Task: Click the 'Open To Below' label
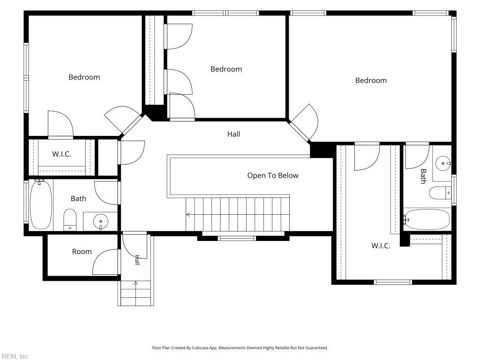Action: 273,175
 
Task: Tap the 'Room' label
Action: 82,252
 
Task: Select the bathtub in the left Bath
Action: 41,205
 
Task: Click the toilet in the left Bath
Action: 70,219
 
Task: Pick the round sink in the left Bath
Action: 101,221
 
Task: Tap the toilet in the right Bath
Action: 440,193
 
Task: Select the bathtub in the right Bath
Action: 427,219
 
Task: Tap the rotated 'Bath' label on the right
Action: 423,176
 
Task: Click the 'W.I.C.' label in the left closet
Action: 61,154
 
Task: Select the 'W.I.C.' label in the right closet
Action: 381,246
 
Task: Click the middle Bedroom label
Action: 226,69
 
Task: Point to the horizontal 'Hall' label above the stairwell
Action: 233,134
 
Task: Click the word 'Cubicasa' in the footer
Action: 200,348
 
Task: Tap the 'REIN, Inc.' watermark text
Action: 15,356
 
